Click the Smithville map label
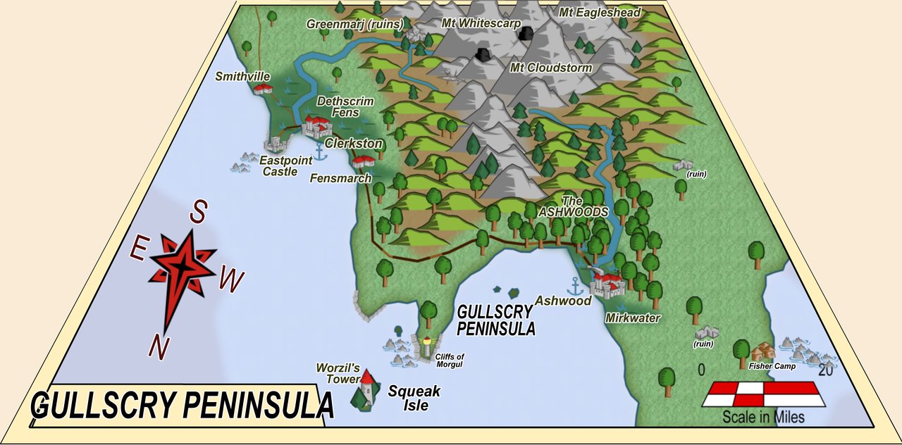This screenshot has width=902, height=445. pos(243,76)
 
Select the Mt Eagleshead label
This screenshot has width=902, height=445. pos(600,13)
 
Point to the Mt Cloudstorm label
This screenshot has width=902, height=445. pos(551,68)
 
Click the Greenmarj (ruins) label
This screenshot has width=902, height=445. pos(354,24)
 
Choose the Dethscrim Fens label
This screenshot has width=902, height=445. pos(345,107)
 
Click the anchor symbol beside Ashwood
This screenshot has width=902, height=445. pos(575,286)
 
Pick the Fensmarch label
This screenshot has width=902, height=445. pos(340,179)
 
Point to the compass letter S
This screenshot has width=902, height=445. pos(200,211)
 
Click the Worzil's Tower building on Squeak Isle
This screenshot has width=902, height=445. pos(366,388)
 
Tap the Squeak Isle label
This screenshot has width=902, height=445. pos(414,398)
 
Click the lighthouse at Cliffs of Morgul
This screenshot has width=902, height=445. pos(426,346)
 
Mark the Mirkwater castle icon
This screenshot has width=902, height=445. pos(608,284)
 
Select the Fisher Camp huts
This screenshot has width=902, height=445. pos(762,351)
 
